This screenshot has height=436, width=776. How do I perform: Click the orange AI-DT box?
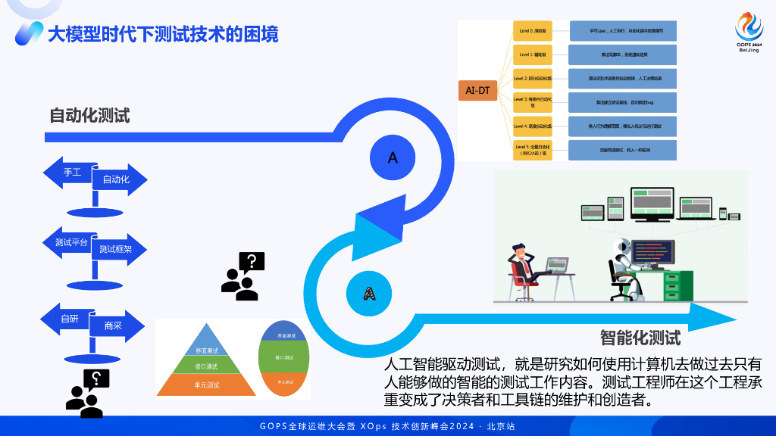click(x=477, y=91)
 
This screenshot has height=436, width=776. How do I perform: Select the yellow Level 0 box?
click(x=532, y=32)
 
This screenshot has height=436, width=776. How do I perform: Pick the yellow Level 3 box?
click(x=532, y=101)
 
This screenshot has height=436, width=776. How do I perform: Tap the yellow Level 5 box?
click(x=532, y=149)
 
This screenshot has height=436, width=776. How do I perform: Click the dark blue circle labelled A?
click(x=393, y=157)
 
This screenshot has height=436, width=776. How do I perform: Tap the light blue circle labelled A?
click(x=369, y=292)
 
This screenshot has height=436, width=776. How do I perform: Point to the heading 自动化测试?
click(x=89, y=116)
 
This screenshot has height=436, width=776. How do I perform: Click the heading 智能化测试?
click(x=640, y=338)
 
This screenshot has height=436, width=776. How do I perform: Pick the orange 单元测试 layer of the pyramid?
click(x=206, y=385)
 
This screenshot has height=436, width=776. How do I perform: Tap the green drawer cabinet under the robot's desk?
click(x=674, y=285)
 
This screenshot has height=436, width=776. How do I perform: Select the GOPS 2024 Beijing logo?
click(x=749, y=31)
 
